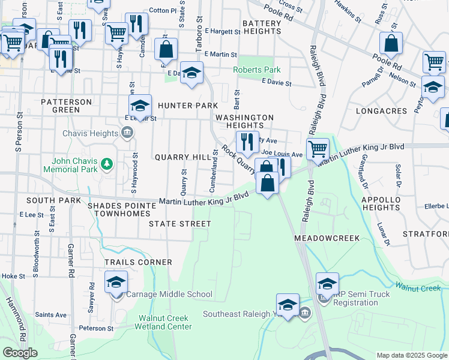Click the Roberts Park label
click(x=257, y=70)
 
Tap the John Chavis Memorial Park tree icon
click(x=107, y=163)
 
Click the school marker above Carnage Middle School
click(x=116, y=282)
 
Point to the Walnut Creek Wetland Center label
click(x=165, y=322)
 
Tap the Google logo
click(x=20, y=353)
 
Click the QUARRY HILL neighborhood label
click(x=178, y=157)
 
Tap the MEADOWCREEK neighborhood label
click(x=327, y=238)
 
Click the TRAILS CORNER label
click(x=138, y=262)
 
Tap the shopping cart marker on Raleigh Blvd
click(x=317, y=148)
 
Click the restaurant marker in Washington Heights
click(x=247, y=142)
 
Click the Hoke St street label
click(x=13, y=276)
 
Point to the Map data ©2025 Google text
click(x=411, y=355)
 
